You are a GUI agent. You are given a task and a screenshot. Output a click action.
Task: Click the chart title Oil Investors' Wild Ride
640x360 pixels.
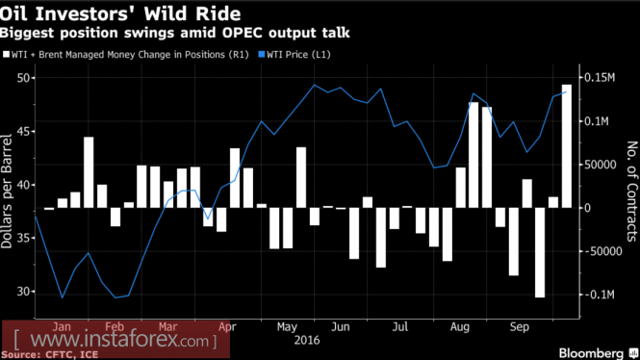[x=120, y=13]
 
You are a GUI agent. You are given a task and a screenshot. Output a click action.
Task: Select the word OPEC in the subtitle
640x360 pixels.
[x=242, y=33]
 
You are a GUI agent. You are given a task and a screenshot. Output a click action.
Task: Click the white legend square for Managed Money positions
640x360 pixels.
[x=6, y=54]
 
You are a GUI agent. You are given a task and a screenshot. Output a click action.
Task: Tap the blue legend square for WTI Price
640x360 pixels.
[x=262, y=54]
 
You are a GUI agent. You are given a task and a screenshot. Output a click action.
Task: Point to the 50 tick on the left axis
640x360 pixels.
[x=24, y=78]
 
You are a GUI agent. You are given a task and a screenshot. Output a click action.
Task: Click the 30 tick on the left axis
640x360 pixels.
[x=24, y=292]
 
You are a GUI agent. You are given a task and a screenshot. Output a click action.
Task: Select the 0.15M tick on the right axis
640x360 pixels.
[x=600, y=78]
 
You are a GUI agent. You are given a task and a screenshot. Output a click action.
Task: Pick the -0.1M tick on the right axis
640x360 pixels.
[x=598, y=295]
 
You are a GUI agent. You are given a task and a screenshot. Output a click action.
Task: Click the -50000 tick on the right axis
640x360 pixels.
[x=599, y=251]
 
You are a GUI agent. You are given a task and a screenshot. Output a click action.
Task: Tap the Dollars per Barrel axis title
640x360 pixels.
[x=7, y=191]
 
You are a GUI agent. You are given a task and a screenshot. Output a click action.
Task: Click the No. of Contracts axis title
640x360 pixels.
[x=632, y=191]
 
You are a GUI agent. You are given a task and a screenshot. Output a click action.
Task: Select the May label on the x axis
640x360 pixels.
[x=287, y=327]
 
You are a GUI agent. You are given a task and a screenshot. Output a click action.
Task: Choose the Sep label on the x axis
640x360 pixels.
[x=520, y=327]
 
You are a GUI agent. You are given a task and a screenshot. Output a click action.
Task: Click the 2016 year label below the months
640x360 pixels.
[x=307, y=341]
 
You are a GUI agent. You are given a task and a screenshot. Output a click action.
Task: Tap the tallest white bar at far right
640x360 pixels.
[x=567, y=146]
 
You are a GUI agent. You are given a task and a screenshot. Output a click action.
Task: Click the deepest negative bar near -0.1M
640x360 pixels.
[x=540, y=252]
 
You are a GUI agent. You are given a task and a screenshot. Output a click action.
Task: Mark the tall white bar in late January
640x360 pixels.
[x=89, y=172]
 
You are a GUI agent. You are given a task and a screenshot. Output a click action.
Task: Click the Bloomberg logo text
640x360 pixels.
[x=591, y=352]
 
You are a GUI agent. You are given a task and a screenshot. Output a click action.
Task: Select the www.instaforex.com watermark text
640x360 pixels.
[x=115, y=340]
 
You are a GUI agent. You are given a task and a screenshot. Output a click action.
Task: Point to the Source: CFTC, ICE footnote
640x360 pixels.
[x=49, y=354]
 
